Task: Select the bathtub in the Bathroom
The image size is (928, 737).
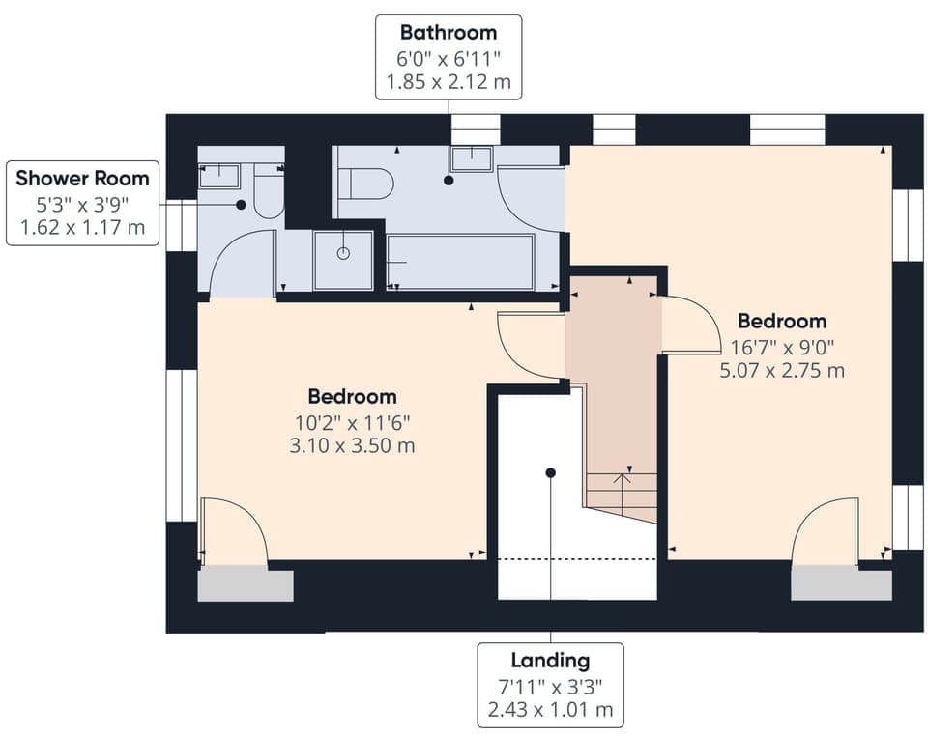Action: pyautogui.click(x=461, y=262)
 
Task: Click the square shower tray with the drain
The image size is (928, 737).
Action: pyautogui.click(x=343, y=260)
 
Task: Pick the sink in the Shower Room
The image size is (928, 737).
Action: pyautogui.click(x=218, y=175)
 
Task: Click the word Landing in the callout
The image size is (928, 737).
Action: pyautogui.click(x=550, y=661)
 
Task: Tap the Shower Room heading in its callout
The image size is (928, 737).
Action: pyautogui.click(x=83, y=178)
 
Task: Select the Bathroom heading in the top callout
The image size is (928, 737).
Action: pyautogui.click(x=449, y=33)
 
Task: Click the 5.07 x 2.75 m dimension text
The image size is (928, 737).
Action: pyautogui.click(x=782, y=369)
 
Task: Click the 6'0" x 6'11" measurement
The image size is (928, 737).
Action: pyautogui.click(x=449, y=58)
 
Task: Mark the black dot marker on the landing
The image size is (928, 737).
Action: pyautogui.click(x=550, y=473)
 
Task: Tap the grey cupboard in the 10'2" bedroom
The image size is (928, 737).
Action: pyautogui.click(x=246, y=585)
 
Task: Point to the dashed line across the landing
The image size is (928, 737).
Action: pyautogui.click(x=577, y=558)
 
